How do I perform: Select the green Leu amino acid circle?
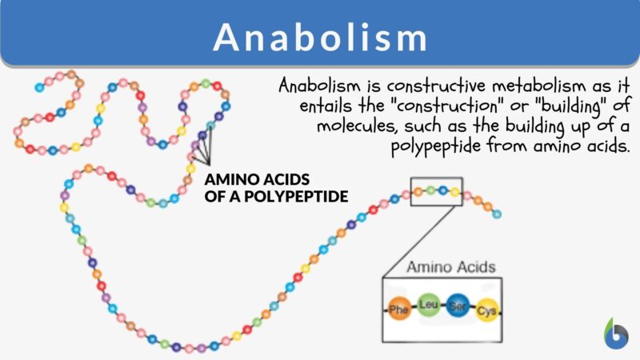click(x=427, y=305)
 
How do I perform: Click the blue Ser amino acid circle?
click(x=457, y=305)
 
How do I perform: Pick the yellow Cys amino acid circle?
click(x=486, y=310)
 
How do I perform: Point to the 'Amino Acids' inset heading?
click(x=450, y=267)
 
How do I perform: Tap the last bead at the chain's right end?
click(x=497, y=214)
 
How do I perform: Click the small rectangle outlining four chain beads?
click(x=436, y=192)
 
